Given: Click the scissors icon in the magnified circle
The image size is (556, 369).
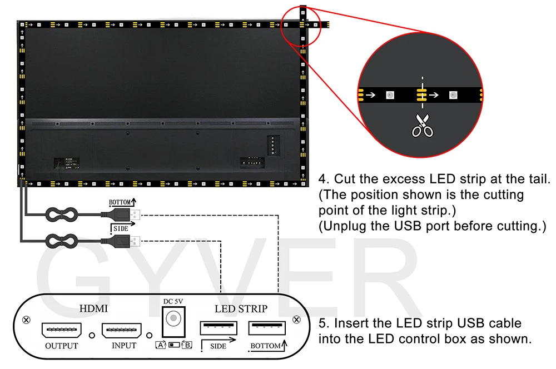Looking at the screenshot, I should click(x=423, y=125).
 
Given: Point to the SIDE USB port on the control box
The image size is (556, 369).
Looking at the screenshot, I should click(x=219, y=328).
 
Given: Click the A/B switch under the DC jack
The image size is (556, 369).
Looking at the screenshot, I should click(x=173, y=345).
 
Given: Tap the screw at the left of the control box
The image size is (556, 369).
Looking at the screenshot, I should click(x=26, y=320).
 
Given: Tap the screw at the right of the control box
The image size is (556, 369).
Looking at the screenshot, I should click(x=297, y=320).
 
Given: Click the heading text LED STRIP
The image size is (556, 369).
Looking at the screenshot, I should click(x=241, y=308).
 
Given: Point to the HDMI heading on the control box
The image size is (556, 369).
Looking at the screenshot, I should click(x=93, y=308).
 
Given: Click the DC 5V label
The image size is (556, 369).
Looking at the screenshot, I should click(x=173, y=301).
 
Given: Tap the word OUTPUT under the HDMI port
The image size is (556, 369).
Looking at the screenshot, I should click(x=62, y=346).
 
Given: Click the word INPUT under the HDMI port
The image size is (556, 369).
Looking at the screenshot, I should click(x=124, y=346).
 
